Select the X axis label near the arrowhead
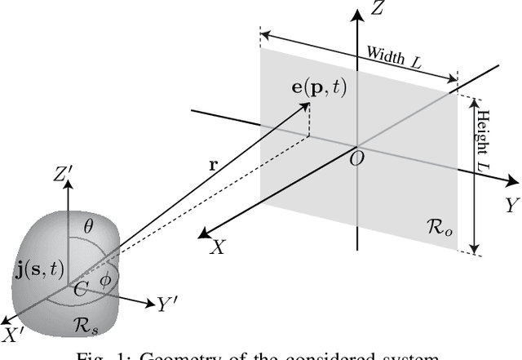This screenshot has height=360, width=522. (x=217, y=247)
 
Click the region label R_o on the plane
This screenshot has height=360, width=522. (x=442, y=223)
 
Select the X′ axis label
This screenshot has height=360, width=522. (x=14, y=335)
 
